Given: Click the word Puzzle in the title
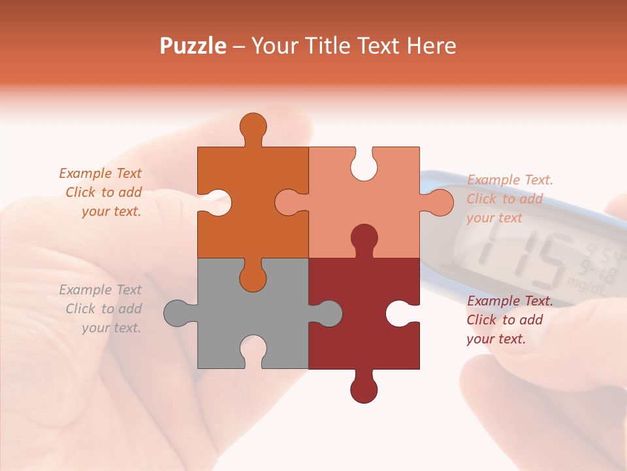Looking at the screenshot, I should pos(193,46).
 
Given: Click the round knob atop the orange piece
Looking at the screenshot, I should pos(253,127).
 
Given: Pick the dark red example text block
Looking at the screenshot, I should pos(509,320).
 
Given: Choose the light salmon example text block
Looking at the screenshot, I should pos(509,199).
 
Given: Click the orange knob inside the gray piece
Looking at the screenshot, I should pos(253,277).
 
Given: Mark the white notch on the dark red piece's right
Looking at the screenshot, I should pos(400,314).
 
